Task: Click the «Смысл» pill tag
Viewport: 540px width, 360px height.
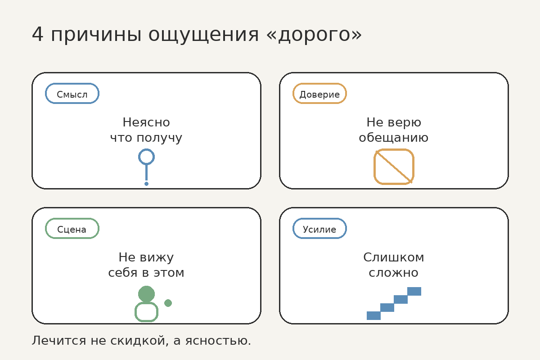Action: click(x=72, y=94)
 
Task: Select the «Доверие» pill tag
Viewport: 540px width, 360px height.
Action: click(x=319, y=94)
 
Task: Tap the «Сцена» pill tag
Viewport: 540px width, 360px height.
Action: click(x=72, y=229)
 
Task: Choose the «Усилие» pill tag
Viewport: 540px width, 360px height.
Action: click(x=319, y=229)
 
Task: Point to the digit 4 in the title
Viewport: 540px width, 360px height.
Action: click(x=38, y=35)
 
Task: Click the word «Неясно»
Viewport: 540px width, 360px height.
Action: click(x=146, y=122)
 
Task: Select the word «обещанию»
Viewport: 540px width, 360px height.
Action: click(x=393, y=138)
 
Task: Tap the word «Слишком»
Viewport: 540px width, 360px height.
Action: click(x=393, y=257)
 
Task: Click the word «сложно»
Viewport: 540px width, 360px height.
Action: click(x=393, y=273)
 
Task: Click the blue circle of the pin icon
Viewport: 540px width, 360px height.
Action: click(x=146, y=157)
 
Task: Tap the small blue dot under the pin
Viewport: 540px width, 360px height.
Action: click(x=146, y=184)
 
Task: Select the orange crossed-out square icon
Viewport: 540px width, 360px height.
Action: click(x=394, y=166)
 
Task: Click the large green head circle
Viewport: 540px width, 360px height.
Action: click(x=146, y=294)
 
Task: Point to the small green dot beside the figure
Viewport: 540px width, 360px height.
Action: click(x=168, y=303)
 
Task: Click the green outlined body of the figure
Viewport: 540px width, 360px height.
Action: click(x=146, y=312)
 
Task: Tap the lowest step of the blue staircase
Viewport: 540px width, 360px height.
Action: click(x=373, y=315)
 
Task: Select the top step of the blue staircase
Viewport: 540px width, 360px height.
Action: click(x=414, y=291)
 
